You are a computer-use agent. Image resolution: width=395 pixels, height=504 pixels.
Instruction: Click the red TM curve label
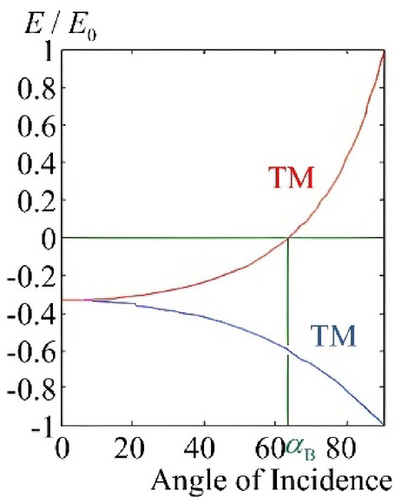[291, 180]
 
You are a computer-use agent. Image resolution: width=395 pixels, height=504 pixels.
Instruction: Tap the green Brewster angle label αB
[300, 449]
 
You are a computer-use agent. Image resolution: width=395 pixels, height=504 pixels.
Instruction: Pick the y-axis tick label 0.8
[31, 90]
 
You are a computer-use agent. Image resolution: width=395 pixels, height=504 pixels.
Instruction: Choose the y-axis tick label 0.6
[31, 127]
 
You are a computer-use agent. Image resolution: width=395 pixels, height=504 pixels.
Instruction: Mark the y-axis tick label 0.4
[31, 164]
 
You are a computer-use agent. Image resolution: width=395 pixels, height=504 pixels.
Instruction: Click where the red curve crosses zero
[287, 237]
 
